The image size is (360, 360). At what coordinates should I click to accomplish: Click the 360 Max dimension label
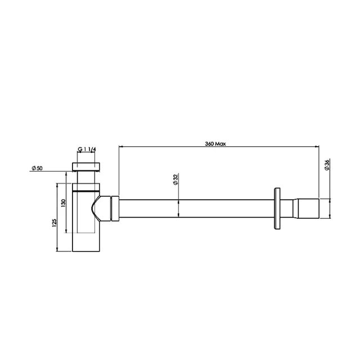215,144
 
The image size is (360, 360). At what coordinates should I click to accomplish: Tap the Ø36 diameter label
327,165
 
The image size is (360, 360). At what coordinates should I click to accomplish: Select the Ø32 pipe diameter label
175,179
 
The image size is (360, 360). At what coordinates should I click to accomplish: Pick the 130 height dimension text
64,201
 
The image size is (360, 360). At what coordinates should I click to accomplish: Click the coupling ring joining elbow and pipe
115,208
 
